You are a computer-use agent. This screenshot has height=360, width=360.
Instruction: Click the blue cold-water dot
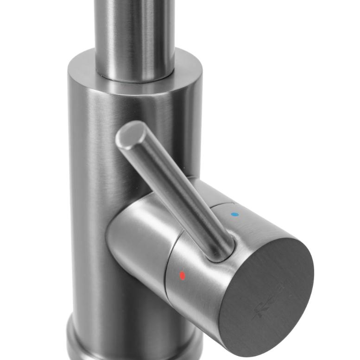234,215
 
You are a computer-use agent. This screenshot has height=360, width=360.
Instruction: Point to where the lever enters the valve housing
222,248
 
